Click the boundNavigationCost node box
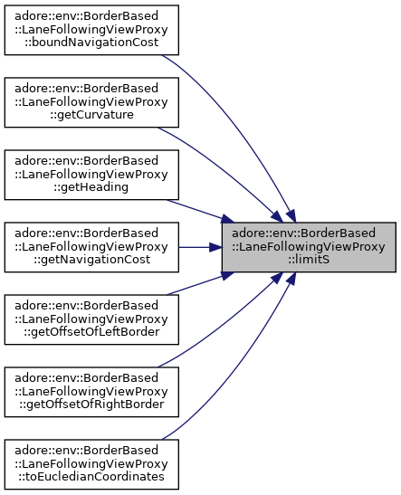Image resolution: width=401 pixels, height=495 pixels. (91, 30)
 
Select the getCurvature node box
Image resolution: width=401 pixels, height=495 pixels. (91, 102)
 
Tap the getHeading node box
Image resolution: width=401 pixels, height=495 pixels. (91, 175)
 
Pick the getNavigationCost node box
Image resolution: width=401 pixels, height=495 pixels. (91, 247)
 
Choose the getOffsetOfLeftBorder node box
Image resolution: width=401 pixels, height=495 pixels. (91, 319)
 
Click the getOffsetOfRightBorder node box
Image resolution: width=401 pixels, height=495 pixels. (91, 392)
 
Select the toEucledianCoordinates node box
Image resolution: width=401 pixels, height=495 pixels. (91, 464)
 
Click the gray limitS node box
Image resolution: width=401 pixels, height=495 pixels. (309, 247)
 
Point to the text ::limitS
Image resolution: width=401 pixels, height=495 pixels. (309, 260)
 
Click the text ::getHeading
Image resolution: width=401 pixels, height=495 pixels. (91, 187)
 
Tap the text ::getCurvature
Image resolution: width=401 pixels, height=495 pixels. (91, 115)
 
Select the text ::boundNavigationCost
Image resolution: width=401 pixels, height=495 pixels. (91, 43)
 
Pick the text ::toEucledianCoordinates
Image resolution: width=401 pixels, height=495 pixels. (91, 476)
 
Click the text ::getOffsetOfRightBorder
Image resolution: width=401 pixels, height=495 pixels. (91, 405)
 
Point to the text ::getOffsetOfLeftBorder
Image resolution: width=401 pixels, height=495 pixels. (91, 332)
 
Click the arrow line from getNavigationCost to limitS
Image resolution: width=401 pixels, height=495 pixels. (200, 247)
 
